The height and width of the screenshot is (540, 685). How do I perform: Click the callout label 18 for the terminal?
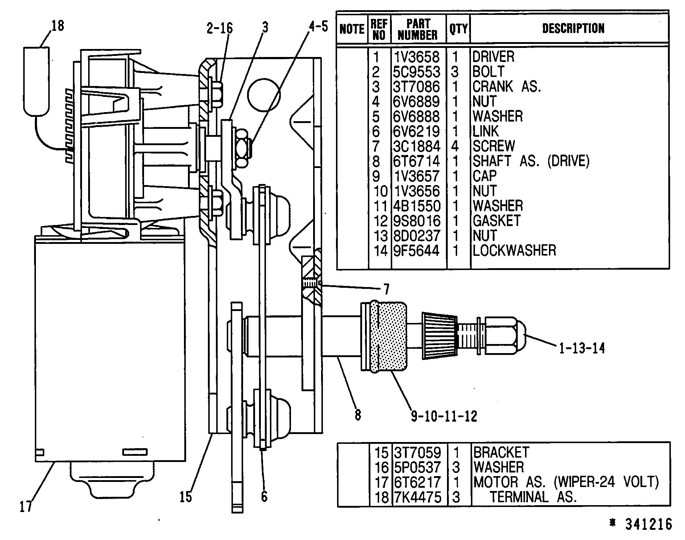tap(58, 26)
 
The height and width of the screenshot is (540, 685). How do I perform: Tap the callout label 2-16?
tap(220, 28)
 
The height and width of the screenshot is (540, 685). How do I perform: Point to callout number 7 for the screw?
tap(386, 289)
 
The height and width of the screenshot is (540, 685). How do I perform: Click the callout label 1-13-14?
tap(581, 348)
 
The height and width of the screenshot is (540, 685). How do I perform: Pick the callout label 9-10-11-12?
tap(444, 416)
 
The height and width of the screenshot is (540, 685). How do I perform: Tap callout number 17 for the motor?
tap(26, 506)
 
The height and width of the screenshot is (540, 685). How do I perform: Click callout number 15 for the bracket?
tap(185, 496)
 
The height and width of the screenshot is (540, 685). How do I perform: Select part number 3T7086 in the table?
tap(417, 87)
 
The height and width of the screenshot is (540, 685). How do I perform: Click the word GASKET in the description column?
tap(496, 221)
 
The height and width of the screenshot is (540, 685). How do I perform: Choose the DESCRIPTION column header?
tap(573, 29)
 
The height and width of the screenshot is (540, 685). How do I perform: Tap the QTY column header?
tap(458, 29)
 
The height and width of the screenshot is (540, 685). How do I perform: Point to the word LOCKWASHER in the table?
tap(514, 250)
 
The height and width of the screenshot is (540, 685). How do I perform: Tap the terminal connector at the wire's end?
tap(36, 81)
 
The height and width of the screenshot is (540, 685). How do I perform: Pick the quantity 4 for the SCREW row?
tap(455, 146)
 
